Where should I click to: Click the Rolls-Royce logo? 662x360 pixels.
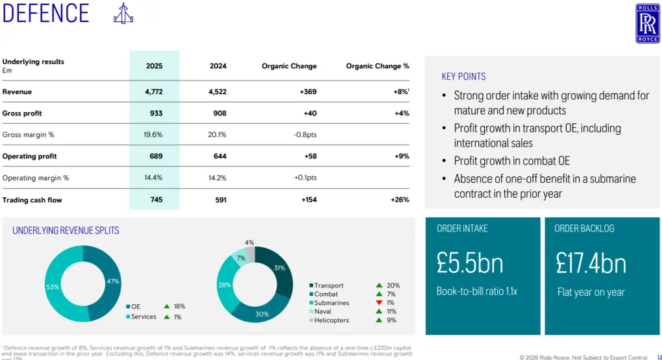click(647, 23)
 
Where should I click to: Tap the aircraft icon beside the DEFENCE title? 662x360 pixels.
click(123, 14)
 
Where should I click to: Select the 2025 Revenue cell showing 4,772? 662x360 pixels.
click(154, 92)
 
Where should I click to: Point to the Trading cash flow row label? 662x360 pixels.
click(32, 200)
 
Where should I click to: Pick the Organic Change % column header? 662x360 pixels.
click(377, 66)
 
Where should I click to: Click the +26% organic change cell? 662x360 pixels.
click(400, 200)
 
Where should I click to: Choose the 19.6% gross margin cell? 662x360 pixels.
click(154, 135)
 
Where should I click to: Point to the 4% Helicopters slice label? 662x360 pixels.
click(249, 243)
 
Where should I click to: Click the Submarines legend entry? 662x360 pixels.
click(332, 303)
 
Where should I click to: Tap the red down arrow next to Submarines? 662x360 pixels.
click(379, 303)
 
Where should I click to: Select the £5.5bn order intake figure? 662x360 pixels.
click(469, 263)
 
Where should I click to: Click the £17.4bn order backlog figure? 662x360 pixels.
click(591, 263)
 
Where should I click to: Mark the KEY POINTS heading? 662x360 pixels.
click(463, 77)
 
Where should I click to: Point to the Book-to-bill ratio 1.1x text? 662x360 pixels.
click(476, 291)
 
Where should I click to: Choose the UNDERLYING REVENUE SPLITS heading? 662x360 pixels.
click(66, 230)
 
